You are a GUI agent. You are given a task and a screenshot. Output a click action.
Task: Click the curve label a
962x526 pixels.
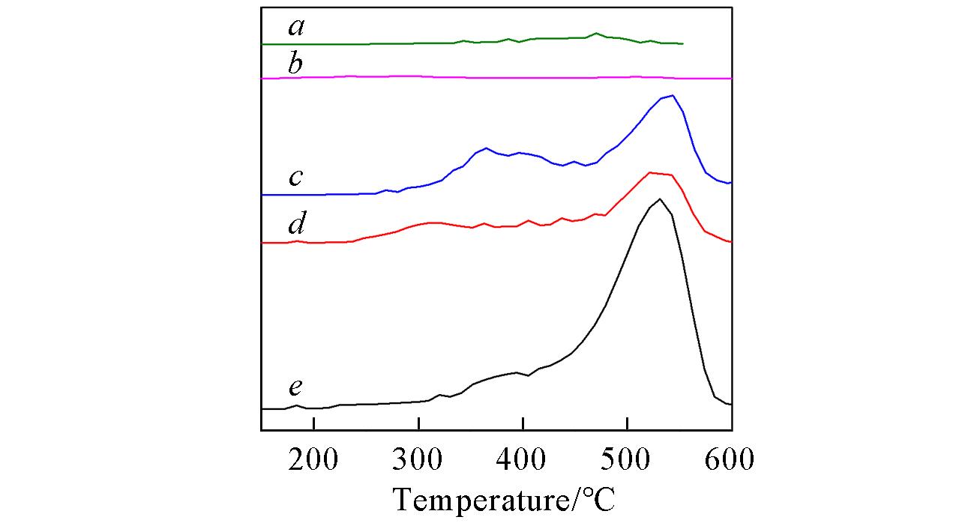point(297,28)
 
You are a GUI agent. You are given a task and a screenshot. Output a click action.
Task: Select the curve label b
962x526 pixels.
point(296,64)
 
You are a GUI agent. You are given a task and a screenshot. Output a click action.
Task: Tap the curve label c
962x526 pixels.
point(296,178)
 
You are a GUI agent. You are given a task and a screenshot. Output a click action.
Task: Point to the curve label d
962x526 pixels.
point(297,223)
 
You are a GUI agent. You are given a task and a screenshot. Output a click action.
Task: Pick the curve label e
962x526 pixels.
point(296,388)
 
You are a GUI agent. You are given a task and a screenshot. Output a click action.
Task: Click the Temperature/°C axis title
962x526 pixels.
point(504,499)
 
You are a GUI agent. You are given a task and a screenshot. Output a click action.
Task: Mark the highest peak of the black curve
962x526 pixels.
point(660,199)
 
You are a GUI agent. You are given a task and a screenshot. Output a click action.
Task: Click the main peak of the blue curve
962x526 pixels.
point(673,95)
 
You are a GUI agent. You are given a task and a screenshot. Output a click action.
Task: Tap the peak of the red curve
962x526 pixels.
point(650,172)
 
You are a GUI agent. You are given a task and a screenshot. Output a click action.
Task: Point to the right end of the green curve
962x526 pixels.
point(682,43)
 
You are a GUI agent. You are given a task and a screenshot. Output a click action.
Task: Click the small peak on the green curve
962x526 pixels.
point(596,33)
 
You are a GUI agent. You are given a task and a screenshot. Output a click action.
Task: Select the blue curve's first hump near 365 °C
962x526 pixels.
point(486,148)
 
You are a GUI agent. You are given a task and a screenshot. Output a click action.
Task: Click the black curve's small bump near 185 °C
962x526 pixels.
point(297,405)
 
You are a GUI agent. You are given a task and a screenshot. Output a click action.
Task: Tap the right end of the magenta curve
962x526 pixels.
point(730,78)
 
